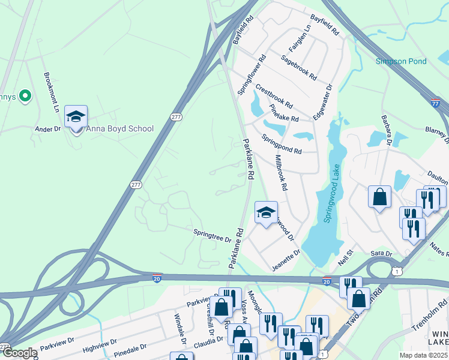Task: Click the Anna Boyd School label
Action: tap(119, 128)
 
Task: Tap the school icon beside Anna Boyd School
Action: tap(76, 117)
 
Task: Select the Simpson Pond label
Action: tap(401, 61)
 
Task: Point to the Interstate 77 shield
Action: tap(436, 104)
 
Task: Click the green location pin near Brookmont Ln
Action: tap(25, 96)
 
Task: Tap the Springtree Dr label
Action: tap(212, 235)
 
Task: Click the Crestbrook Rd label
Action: tap(274, 95)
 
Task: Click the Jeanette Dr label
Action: tap(286, 261)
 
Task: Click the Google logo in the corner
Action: tap(19, 353)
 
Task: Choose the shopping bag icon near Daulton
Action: tap(379, 197)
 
